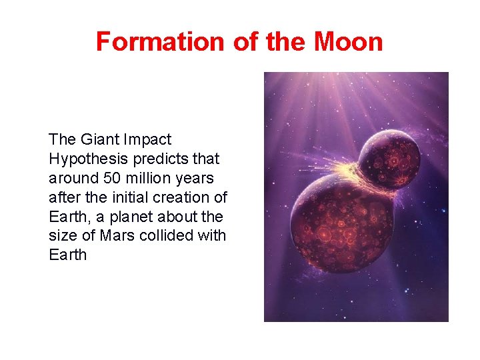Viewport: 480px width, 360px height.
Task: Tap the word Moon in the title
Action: pyautogui.click(x=349, y=41)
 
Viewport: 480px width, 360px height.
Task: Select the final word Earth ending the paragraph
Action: pyautogui.click(x=68, y=255)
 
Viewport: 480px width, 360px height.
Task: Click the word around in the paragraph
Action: pyautogui.click(x=70, y=178)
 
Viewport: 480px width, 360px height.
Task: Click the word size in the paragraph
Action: pyautogui.click(x=61, y=236)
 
